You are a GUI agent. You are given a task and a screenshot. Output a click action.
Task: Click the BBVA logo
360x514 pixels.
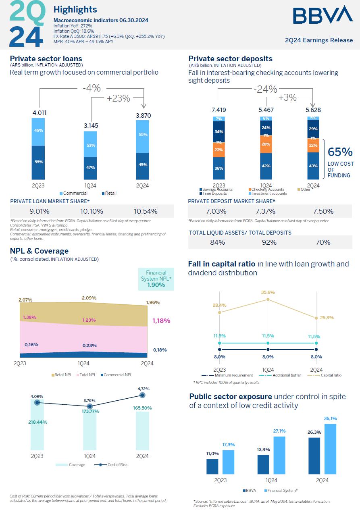(x=323, y=15)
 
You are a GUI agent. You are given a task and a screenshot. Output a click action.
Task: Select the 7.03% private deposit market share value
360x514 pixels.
(x=216, y=211)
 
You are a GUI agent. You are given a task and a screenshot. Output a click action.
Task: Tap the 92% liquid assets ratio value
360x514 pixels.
(x=269, y=242)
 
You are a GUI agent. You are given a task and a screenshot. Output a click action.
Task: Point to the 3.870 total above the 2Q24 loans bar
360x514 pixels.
(x=143, y=115)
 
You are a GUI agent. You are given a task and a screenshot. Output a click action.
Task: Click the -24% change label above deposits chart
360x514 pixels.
(x=265, y=89)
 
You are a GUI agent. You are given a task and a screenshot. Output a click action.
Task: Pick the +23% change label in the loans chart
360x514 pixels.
(x=118, y=98)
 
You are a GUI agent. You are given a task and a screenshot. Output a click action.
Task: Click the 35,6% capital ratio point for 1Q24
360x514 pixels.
(x=268, y=299)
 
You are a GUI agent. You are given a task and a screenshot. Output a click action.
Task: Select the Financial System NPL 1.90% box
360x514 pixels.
(x=156, y=279)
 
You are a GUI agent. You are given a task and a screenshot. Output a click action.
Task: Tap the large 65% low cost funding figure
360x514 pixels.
(x=340, y=152)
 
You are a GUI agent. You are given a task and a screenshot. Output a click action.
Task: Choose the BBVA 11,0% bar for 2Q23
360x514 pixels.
(x=212, y=466)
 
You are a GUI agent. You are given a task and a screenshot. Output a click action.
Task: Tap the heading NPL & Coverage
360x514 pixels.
(x=39, y=251)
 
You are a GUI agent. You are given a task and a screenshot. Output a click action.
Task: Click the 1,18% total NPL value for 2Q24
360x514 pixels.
(x=161, y=321)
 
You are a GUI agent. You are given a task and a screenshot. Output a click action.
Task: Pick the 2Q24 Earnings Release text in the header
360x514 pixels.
(x=318, y=40)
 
